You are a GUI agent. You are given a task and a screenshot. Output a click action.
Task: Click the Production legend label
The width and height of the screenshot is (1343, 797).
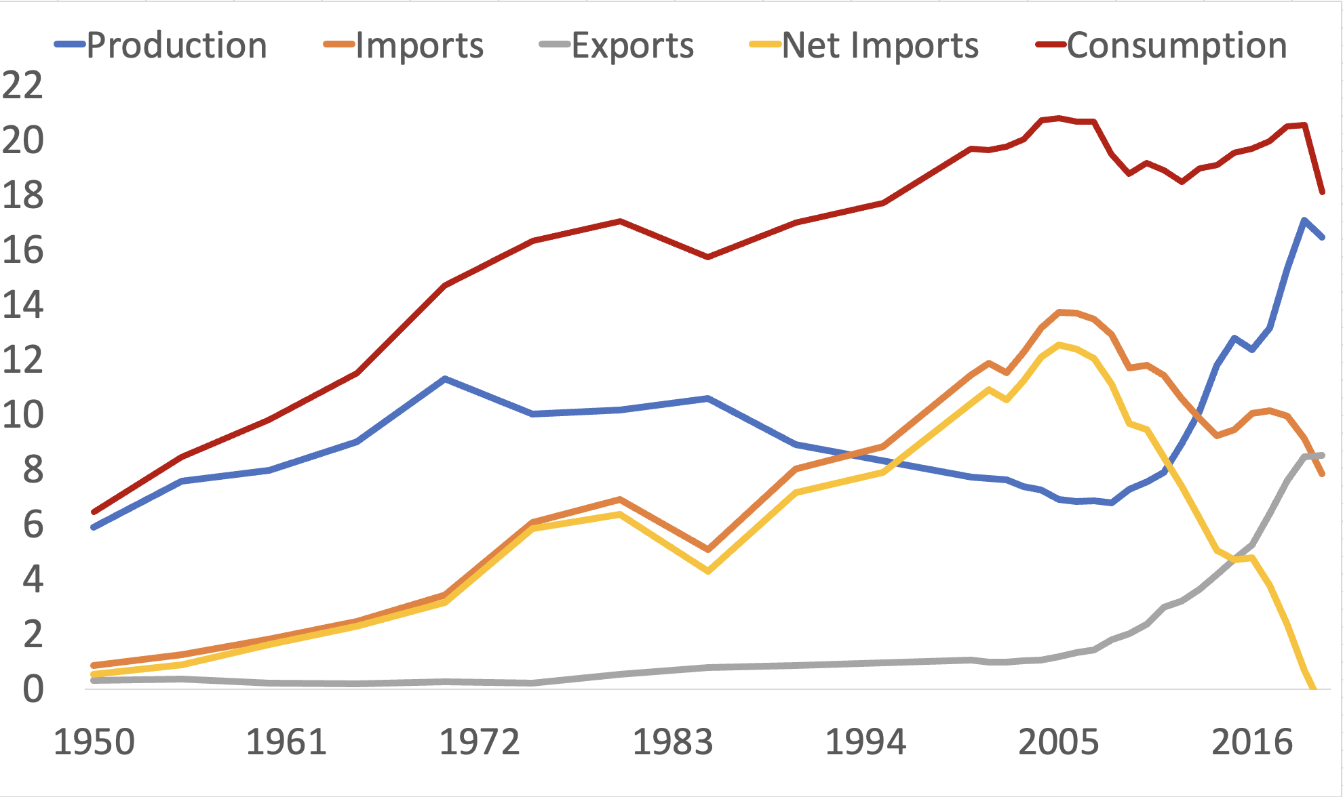coord(176,46)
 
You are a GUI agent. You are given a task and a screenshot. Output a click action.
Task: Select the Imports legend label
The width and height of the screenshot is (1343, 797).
coord(419,46)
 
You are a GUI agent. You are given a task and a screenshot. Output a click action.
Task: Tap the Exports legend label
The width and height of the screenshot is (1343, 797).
coord(632,46)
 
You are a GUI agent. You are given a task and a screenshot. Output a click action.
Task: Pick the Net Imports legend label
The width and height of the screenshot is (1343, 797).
coord(880,46)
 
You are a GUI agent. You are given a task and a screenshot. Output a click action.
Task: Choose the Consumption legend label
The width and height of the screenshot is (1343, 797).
coord(1177,46)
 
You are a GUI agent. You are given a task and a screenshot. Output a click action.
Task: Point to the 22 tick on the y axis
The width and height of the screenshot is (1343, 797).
coord(22,85)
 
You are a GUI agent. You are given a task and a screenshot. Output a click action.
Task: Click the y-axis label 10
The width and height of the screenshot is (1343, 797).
coord(22,415)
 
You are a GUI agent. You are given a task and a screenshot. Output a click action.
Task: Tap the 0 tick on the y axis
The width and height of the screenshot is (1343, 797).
coord(33,689)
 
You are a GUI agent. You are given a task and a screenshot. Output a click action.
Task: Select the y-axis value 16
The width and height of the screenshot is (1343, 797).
coord(22,250)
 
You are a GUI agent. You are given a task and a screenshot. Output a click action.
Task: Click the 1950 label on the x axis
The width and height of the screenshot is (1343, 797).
coord(94,742)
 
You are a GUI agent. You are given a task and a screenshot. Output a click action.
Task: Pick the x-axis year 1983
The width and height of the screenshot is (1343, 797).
coord(672,742)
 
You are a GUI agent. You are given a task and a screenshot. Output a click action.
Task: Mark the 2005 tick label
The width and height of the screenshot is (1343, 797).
coord(1058,742)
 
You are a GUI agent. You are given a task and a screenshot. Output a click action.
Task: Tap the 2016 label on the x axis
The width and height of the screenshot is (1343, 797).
coord(1252,742)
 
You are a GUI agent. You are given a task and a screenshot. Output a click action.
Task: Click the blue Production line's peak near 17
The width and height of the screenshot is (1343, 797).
coord(1304,220)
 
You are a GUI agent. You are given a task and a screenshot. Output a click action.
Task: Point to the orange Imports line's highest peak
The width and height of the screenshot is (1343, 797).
coord(1060,312)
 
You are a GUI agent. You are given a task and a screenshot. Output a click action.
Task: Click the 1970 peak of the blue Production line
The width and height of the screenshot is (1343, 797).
coord(444,378)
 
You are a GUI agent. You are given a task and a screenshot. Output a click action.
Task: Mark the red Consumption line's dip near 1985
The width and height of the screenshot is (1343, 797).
coord(707,257)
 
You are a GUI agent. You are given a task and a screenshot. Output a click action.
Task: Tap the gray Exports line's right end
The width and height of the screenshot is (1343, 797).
coord(1322,455)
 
